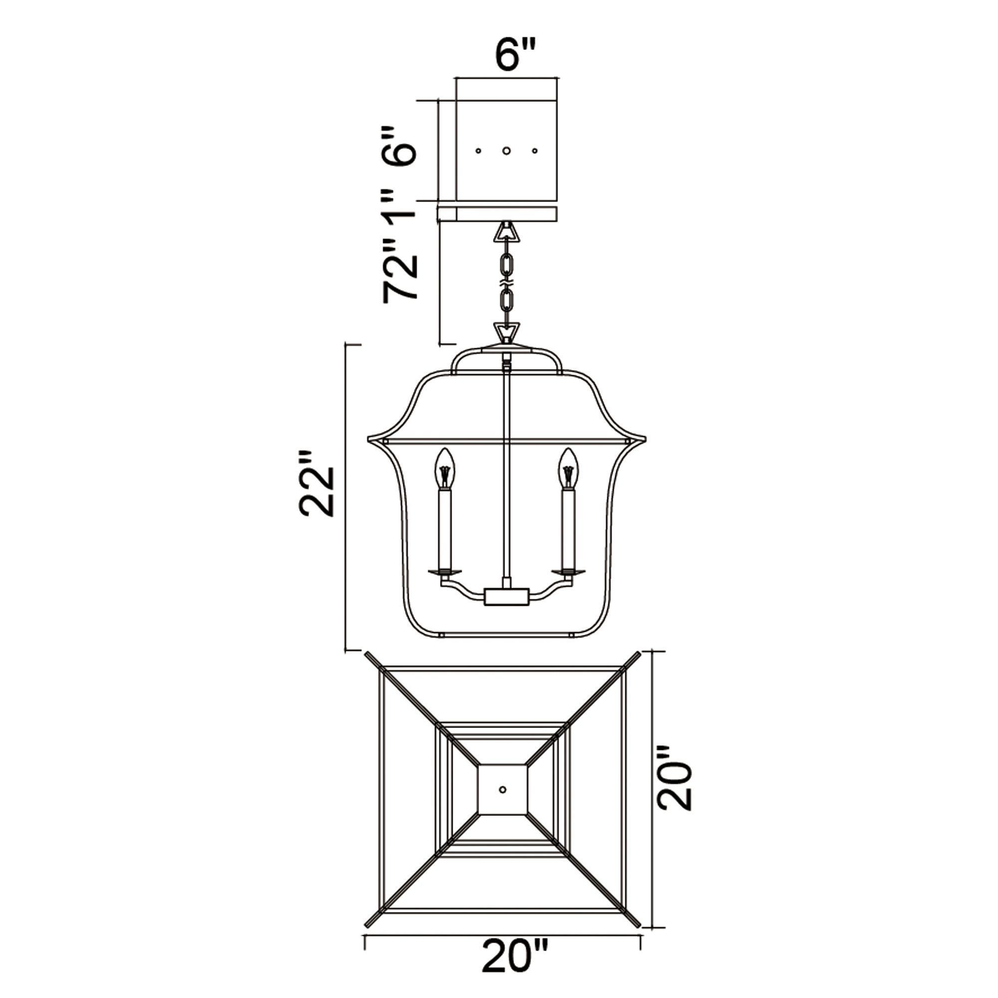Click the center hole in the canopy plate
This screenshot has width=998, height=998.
pyautogui.click(x=507, y=151)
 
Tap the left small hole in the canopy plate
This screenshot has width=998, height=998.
pyautogui.click(x=479, y=151)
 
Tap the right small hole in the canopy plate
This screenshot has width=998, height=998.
pyautogui.click(x=534, y=151)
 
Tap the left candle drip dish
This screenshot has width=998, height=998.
pyautogui.click(x=445, y=572)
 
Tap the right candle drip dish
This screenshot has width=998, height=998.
pyautogui.click(x=569, y=572)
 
